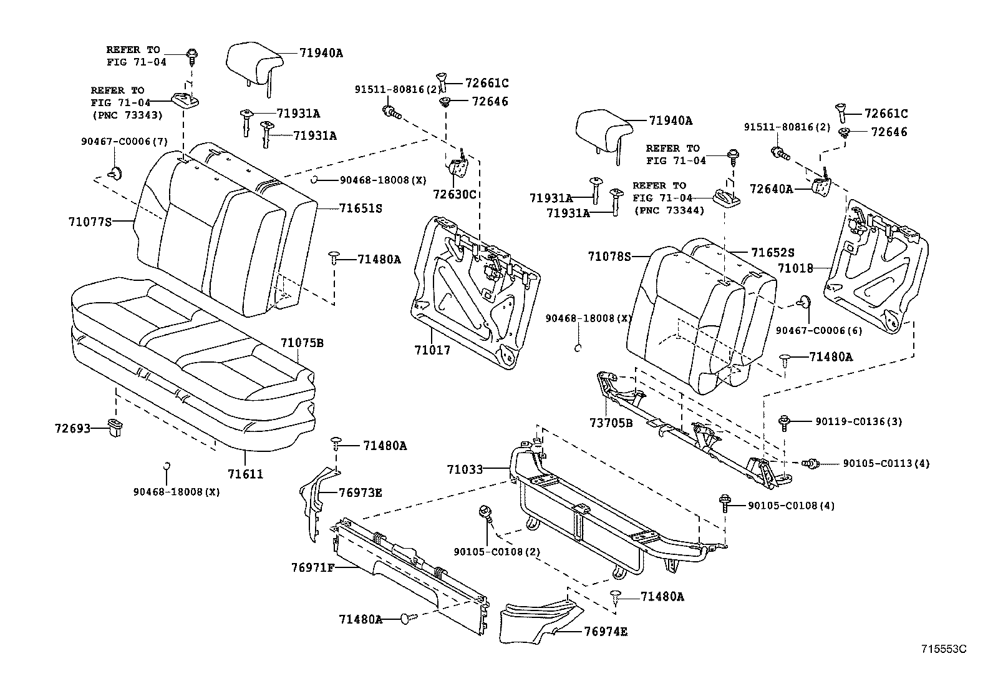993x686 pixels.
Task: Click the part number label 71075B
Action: (301, 343)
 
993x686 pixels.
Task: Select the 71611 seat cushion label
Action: (245, 474)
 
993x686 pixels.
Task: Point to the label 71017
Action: (432, 350)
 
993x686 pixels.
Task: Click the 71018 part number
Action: (795, 268)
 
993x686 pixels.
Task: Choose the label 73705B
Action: (611, 423)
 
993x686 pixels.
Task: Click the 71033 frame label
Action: (465, 468)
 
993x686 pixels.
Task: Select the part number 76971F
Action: (313, 567)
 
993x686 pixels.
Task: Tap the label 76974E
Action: (605, 631)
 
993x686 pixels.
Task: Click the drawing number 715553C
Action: (944, 649)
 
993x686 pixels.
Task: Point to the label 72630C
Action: (455, 194)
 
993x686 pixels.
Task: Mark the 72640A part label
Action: (771, 188)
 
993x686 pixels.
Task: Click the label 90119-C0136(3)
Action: (858, 421)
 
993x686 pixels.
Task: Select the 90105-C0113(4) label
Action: (886, 463)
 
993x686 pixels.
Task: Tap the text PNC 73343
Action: (127, 115)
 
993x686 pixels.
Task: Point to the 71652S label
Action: (772, 252)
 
